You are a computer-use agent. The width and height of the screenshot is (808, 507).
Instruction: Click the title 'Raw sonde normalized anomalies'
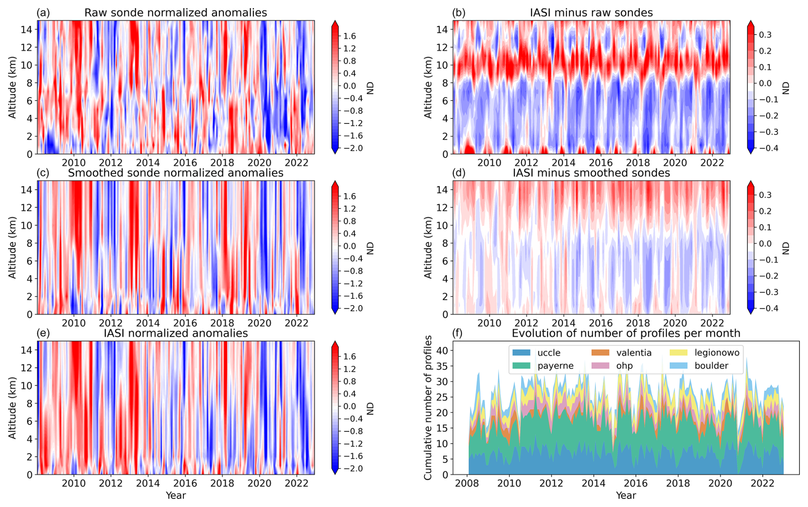point(176,13)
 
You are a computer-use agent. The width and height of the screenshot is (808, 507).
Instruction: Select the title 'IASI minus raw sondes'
point(591,13)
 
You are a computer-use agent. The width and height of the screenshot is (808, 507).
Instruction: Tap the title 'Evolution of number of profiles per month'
point(626,333)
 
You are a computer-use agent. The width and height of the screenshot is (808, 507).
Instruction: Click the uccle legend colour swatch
point(521,353)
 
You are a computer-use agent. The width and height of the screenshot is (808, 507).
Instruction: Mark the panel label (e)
point(43,333)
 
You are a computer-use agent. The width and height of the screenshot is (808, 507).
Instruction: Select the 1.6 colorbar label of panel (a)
point(350,36)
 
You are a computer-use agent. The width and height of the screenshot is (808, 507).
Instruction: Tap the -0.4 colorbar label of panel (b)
point(766,148)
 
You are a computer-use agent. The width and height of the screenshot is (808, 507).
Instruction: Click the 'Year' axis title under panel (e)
point(176,495)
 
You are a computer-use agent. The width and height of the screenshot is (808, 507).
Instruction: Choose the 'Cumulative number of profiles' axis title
point(428,408)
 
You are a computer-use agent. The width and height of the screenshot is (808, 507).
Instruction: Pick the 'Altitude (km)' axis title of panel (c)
point(12,248)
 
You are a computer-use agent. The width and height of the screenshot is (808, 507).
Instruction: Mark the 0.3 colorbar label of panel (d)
point(765,195)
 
